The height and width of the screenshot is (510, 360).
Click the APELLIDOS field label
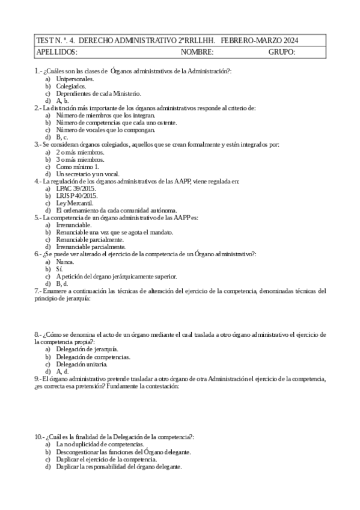[x=57, y=52]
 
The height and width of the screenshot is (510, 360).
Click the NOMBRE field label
[x=197, y=52]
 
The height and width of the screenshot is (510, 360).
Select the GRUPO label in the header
[x=282, y=52]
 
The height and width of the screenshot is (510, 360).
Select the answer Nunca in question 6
[x=66, y=262]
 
